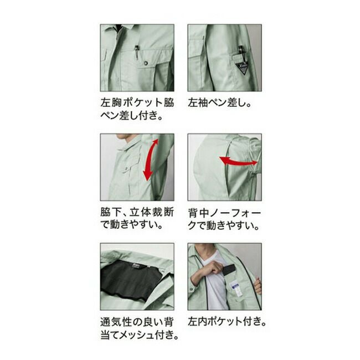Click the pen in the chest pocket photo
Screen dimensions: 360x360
coord(137,53)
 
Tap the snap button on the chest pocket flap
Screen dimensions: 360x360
coord(146,63)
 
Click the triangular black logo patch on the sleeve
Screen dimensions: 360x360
coord(243,68)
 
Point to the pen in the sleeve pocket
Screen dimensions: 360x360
coord(240,50)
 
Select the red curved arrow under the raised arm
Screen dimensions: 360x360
coord(151,160)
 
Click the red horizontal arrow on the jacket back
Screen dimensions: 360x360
coord(238,161)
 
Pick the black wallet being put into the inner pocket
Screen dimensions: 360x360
coord(228,270)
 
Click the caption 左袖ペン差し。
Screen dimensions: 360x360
coord(220,102)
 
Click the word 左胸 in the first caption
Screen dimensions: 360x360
coord(111,102)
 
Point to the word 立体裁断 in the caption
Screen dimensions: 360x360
coord(152,212)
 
